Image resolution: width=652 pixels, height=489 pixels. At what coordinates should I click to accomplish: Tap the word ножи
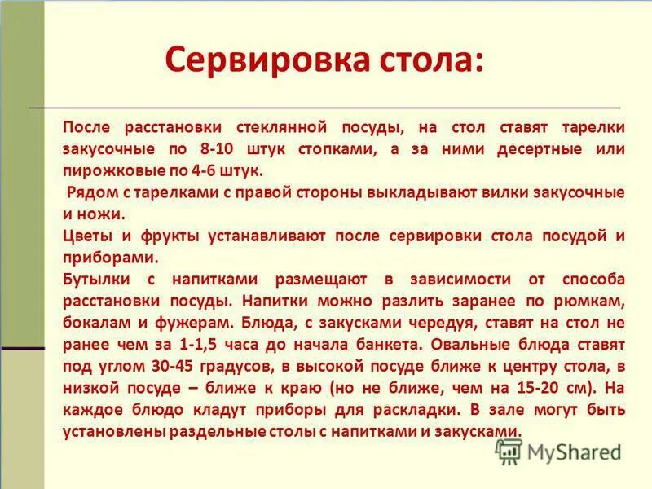[x=105, y=214]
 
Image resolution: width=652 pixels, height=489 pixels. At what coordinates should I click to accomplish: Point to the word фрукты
[x=156, y=236]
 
